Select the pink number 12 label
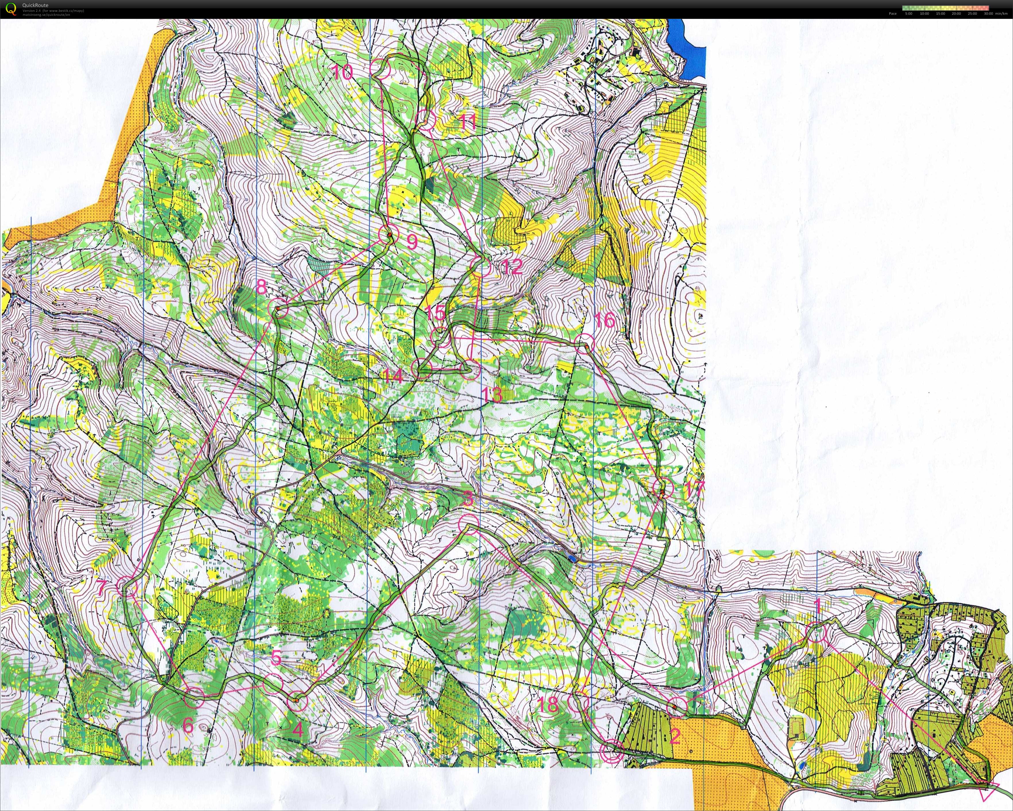click(x=512, y=266)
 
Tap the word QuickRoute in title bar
click(x=35, y=5)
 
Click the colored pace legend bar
click(x=945, y=7)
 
